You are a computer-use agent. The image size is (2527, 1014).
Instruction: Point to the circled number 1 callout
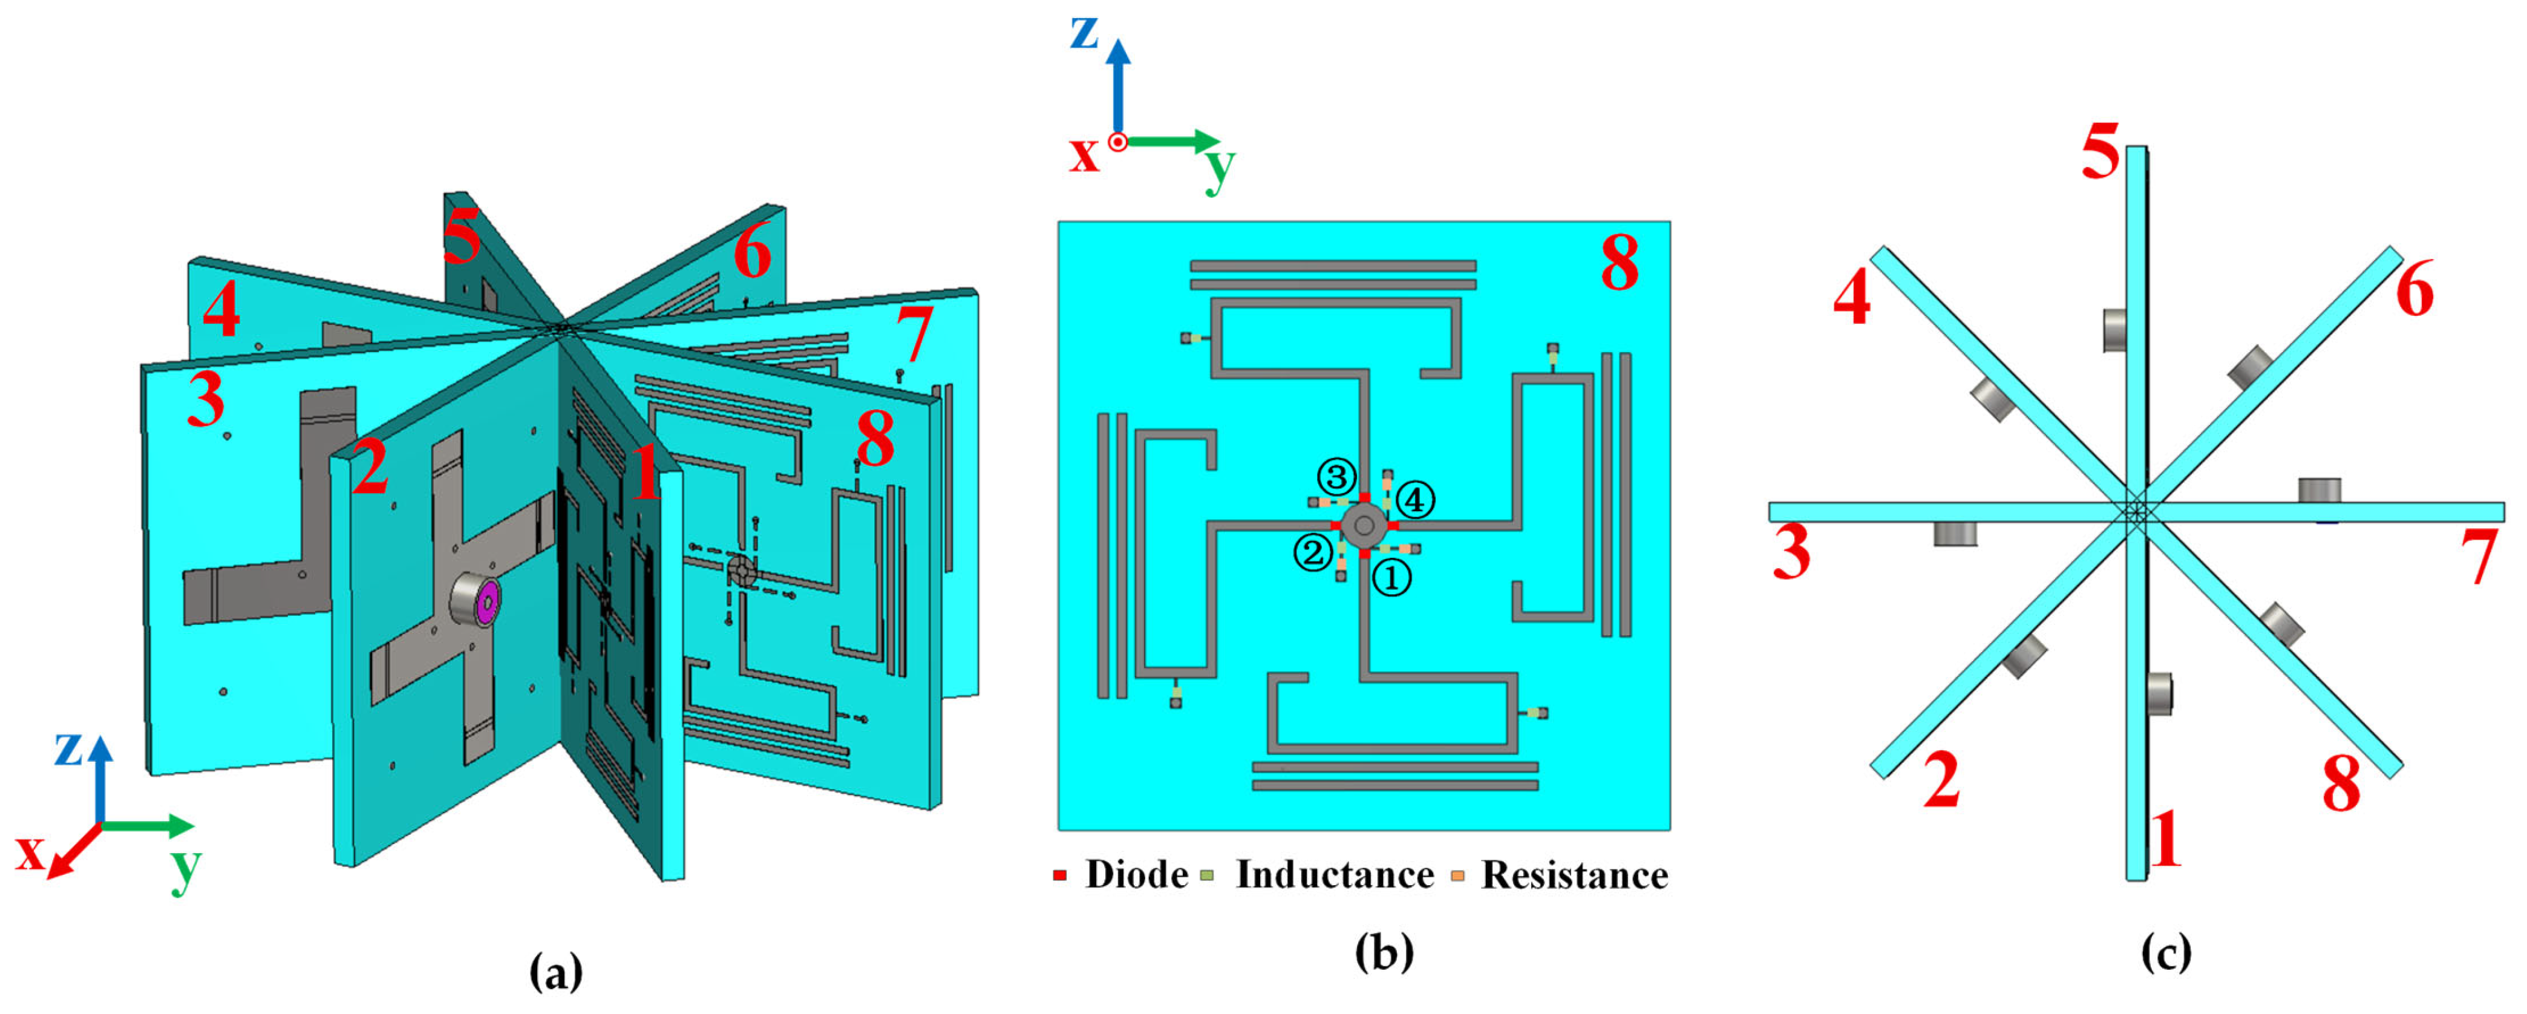[1391, 578]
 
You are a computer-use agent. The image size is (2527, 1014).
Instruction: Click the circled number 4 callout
[1414, 500]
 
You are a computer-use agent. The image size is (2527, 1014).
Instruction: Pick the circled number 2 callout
[1313, 553]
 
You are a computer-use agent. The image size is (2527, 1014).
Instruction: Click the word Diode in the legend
[1136, 875]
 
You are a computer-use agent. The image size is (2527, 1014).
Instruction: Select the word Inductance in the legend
[1334, 875]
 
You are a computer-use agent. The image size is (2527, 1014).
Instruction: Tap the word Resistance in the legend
[1574, 875]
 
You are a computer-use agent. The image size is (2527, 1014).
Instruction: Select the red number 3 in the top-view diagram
[1791, 553]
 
